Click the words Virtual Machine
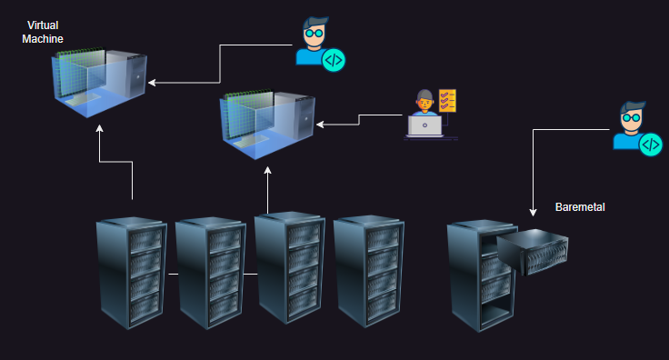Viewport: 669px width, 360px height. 43,34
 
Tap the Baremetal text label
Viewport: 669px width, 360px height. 580,207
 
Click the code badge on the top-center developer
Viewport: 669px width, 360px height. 334,61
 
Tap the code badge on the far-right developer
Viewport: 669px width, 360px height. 650,144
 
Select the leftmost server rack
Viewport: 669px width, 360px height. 130,272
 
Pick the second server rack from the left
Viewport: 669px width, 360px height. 210,272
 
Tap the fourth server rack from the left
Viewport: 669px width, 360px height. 368,272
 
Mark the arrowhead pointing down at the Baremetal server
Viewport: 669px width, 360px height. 532,213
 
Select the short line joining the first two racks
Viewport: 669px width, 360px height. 172,272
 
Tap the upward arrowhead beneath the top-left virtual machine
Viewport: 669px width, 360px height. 100,130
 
